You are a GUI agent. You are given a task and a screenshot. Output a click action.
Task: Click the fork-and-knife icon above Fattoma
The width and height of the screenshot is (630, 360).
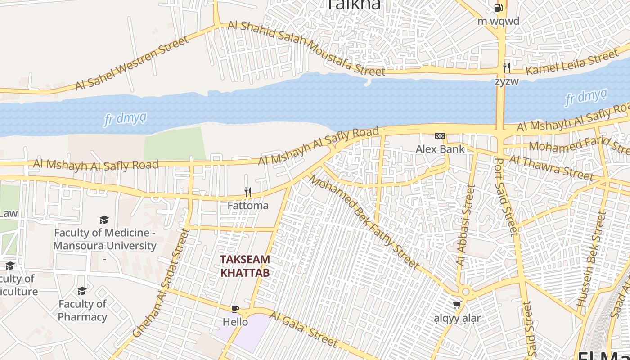247,192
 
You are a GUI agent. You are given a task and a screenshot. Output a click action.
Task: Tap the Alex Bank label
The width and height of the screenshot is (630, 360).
440,149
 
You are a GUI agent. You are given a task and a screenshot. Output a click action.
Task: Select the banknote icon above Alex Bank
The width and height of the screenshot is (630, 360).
440,136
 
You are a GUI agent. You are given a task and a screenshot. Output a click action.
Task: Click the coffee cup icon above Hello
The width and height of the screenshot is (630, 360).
235,309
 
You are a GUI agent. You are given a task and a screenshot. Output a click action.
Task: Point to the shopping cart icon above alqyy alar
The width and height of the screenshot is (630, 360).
457,305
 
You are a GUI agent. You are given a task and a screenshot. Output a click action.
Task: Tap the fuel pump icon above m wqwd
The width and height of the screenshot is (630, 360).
498,8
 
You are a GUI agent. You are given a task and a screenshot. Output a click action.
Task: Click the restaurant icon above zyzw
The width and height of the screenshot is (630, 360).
507,68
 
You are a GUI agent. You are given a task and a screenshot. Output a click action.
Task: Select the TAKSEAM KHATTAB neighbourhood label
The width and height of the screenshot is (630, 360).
245,266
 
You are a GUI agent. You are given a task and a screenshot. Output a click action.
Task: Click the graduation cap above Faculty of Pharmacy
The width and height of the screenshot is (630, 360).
82,291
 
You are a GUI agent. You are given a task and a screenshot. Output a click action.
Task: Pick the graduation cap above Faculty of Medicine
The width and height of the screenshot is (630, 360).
104,220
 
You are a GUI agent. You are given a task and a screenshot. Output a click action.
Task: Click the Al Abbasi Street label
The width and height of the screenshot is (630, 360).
465,225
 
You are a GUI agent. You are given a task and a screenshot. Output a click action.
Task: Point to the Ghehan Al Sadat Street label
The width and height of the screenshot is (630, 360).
162,283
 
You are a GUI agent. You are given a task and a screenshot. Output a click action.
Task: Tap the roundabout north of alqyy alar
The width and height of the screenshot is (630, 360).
466,292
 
